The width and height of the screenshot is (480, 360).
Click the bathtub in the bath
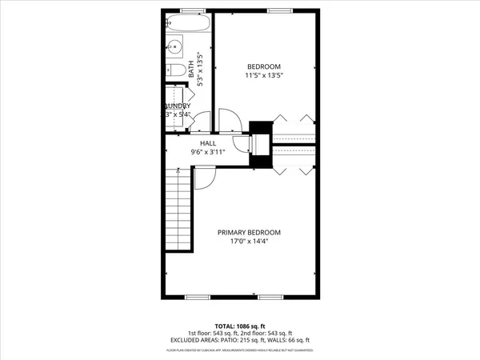pos(190,22)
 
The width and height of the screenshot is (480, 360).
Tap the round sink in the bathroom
pos(174,45)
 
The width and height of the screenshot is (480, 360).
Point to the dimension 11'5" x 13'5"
pos(264,75)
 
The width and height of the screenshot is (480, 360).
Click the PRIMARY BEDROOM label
pos(250,232)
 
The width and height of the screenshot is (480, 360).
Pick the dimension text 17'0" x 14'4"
pos(250,241)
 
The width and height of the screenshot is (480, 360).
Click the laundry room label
pos(178,106)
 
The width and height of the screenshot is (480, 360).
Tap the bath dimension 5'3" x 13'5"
pos(201,68)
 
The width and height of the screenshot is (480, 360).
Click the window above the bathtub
pos(190,10)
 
